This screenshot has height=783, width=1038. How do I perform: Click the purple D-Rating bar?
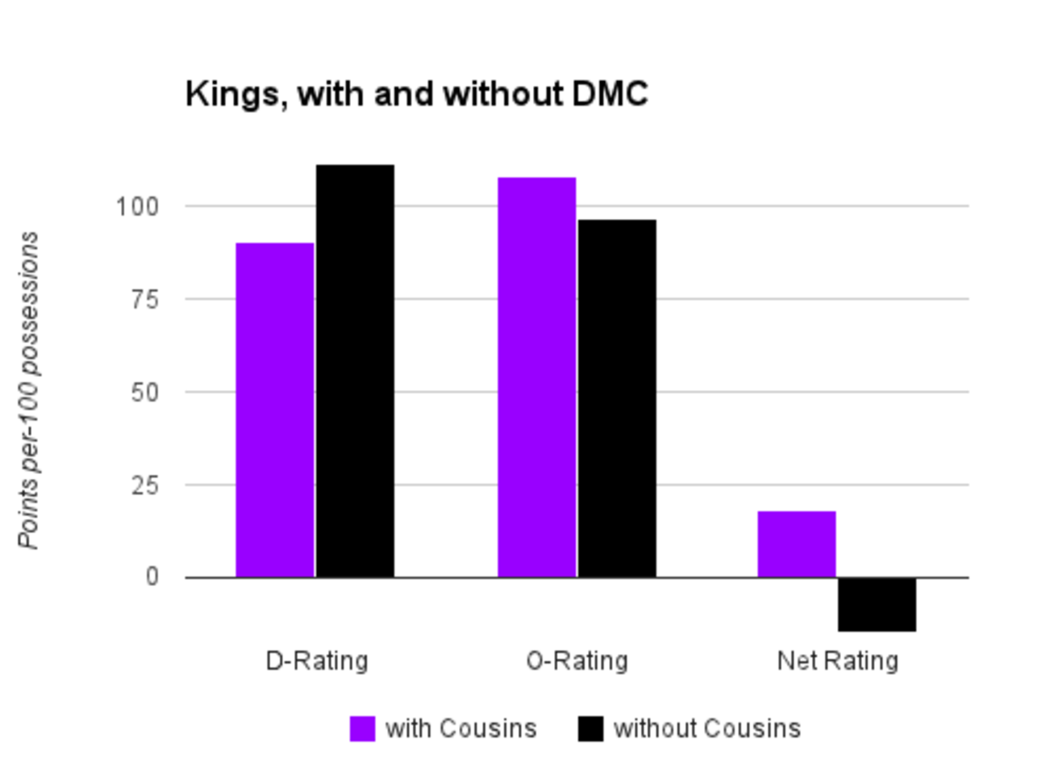275,410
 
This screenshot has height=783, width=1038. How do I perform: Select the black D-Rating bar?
355,371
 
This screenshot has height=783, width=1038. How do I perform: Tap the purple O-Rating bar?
537,377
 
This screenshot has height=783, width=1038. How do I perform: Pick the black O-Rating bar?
617,398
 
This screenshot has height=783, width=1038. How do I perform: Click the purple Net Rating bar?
796,544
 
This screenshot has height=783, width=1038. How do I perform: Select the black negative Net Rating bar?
877,605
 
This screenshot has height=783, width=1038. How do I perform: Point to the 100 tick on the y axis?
137,207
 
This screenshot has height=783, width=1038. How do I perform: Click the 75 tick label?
144,299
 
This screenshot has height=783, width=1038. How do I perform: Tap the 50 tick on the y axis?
144,392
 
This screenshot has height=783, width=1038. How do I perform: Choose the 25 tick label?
144,485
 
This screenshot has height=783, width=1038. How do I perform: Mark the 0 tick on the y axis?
152,577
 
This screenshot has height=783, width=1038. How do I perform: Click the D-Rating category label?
317,661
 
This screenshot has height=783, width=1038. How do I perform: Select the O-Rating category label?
577,661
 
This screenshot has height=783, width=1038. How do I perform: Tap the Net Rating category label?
838,661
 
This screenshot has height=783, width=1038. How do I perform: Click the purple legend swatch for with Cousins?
362,729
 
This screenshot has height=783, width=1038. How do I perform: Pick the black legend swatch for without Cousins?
591,729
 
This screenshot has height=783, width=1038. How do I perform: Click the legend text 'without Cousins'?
707,729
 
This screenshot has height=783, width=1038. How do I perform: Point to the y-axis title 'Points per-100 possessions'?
29,391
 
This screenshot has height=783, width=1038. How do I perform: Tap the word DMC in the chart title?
610,94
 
